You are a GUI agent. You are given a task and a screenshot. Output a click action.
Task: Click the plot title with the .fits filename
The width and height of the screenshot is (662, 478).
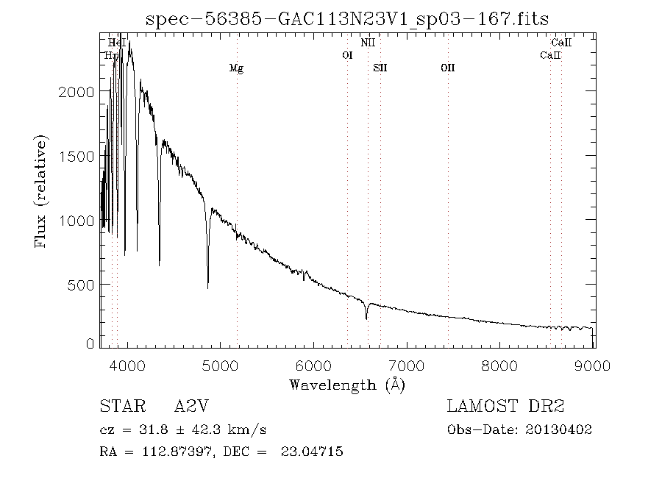347,18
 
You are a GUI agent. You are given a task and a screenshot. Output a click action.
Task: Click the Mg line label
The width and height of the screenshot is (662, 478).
236,68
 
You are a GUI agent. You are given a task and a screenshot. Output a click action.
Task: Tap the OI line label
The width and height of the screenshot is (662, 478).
348,55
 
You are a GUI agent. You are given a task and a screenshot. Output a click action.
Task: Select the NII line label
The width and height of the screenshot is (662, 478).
369,43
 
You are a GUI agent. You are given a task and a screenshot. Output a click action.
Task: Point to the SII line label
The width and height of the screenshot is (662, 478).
380,68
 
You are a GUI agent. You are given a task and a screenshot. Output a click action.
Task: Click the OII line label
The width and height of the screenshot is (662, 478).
447,68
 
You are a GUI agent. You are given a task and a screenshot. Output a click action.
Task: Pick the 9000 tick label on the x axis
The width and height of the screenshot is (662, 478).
594,365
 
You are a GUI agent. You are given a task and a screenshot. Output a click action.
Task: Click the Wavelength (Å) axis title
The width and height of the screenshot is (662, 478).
347,385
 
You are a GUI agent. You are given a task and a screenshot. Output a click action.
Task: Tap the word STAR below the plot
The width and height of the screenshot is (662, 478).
117,407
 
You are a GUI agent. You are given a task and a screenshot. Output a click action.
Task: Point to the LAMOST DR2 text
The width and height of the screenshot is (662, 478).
506,407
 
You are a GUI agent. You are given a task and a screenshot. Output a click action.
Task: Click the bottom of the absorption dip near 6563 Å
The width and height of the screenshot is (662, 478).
366,318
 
